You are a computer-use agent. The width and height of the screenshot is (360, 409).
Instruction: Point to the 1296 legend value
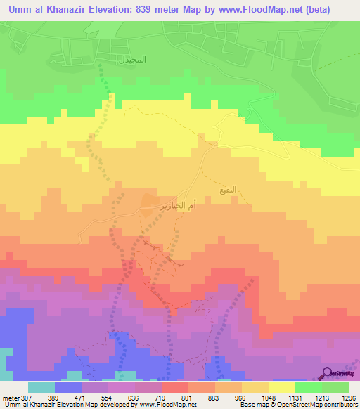348,398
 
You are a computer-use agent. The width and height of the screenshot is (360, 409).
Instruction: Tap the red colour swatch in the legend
174,387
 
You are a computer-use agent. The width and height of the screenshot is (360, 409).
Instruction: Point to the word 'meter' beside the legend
10,398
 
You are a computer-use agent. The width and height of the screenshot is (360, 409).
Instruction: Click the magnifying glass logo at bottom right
328,372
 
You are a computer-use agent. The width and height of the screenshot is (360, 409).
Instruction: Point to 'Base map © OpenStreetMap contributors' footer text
299,405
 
